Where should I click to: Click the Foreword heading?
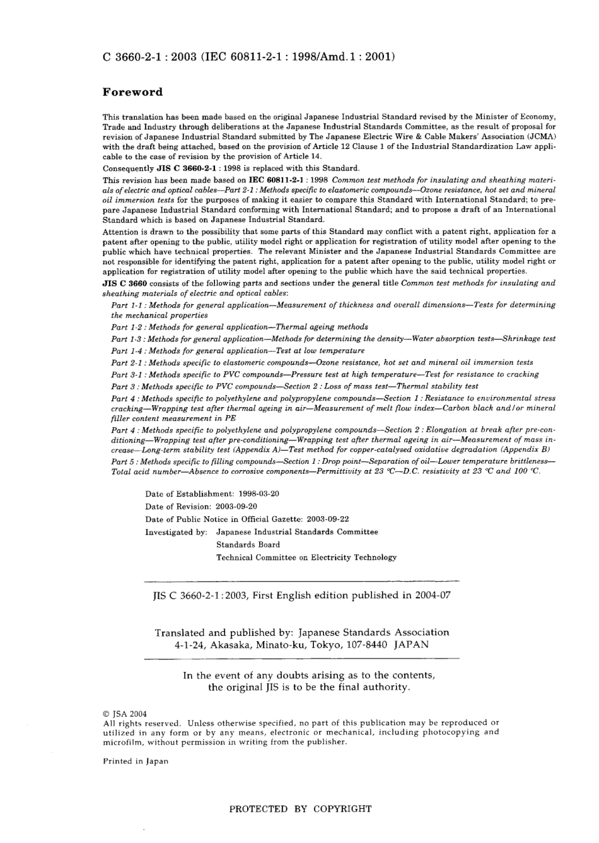pyautogui.click(x=132, y=92)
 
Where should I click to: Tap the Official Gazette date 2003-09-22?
pyautogui.click(x=328, y=519)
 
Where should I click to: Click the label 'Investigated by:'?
pyautogui.click(x=176, y=532)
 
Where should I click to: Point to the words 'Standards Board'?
pyautogui.click(x=248, y=545)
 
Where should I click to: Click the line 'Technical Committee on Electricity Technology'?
pyautogui.click(x=306, y=558)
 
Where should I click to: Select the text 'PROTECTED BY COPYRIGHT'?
pyautogui.click(x=300, y=809)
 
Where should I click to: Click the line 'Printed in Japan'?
pyautogui.click(x=136, y=762)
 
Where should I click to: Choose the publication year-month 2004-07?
pyautogui.click(x=433, y=595)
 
